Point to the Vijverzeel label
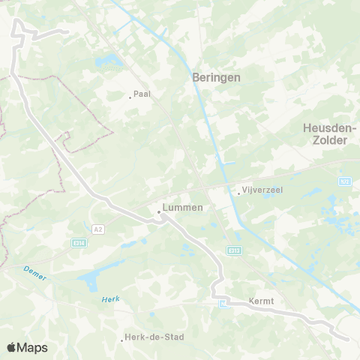tap(262, 191)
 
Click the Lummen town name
tap(183, 207)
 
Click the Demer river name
tap(34, 273)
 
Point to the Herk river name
tap(110, 299)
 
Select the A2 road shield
tap(98, 227)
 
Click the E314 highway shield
tap(78, 243)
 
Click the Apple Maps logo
tap(27, 347)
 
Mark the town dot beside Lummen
tap(159, 212)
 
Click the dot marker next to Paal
tap(129, 96)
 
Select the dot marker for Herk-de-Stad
tap(121, 339)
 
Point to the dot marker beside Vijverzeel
tap(238, 193)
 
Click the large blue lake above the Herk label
tap(88, 281)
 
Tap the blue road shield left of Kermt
tap(223, 304)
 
